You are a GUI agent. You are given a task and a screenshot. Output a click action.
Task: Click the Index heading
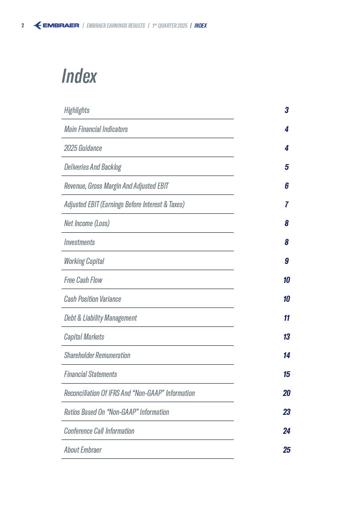click(x=79, y=76)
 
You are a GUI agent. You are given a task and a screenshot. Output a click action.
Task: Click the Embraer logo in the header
click(x=56, y=26)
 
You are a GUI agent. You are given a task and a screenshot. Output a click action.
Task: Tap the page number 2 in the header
click(x=23, y=26)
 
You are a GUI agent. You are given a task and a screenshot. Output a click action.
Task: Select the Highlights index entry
click(x=77, y=110)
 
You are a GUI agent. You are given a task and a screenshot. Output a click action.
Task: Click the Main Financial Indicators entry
click(x=96, y=129)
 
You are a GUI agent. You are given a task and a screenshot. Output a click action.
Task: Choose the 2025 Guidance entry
click(x=83, y=148)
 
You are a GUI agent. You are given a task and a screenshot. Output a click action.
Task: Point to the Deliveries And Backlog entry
click(x=92, y=167)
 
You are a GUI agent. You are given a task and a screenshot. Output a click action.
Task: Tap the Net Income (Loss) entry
click(x=87, y=223)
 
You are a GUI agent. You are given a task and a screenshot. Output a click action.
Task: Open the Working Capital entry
click(x=84, y=261)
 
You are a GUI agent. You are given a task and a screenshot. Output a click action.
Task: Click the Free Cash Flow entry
click(x=83, y=280)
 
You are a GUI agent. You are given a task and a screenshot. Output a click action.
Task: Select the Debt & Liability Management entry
click(x=100, y=318)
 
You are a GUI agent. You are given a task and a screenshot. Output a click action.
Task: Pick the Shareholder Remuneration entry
click(x=97, y=355)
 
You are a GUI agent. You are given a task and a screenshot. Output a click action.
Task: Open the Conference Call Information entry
click(x=99, y=431)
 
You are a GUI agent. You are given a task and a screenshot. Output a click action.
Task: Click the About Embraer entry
click(x=83, y=450)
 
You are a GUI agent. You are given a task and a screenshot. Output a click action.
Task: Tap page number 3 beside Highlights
click(x=287, y=110)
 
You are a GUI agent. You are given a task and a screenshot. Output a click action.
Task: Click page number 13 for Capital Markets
click(x=287, y=337)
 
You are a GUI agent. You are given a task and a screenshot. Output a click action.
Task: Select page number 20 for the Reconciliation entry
click(x=287, y=393)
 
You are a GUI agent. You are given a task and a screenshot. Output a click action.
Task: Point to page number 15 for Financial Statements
click(x=287, y=374)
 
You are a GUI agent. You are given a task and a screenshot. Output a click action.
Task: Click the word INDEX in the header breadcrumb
click(x=201, y=26)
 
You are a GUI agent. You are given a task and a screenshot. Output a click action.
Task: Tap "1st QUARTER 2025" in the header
click(x=170, y=26)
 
